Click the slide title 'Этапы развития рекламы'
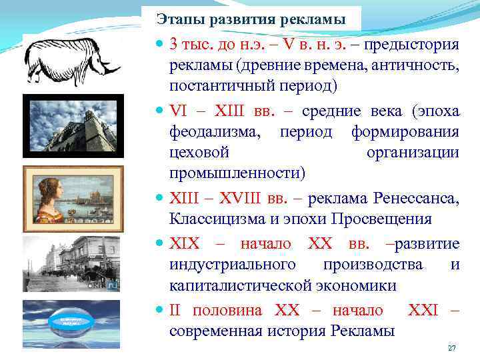251,18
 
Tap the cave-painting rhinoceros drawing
71,61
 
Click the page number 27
451,349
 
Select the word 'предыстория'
413,45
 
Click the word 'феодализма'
213,131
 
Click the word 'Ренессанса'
416,198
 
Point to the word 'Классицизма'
214,219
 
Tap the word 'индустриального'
233,265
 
